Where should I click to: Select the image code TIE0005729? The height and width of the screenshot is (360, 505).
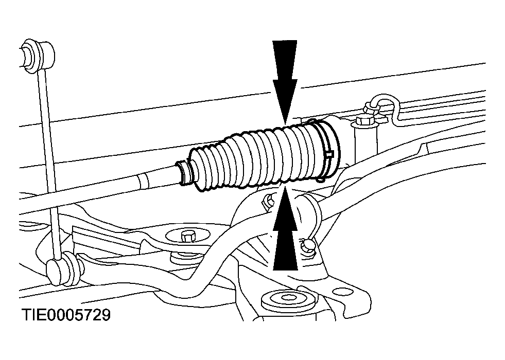click(x=66, y=315)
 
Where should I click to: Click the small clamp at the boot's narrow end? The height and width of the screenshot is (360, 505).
click(x=184, y=173)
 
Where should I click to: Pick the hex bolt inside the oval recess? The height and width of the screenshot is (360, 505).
click(x=187, y=236)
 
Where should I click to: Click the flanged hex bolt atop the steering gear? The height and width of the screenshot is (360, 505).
click(x=365, y=122)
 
